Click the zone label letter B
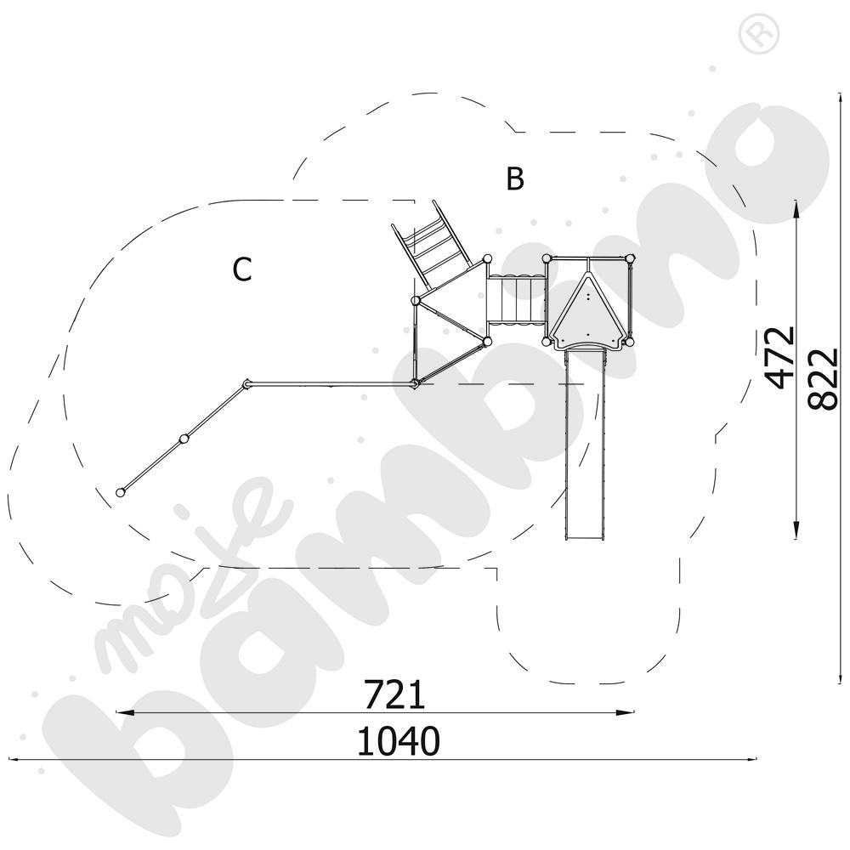pos(515,178)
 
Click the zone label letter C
pos(242,269)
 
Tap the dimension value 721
pos(394,695)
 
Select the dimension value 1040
pos(399,741)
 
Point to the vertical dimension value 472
pos(780,358)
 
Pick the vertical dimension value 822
pos(824,379)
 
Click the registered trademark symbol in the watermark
pos(759,35)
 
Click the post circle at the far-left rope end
pos(121,492)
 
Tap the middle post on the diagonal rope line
pos(184,438)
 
